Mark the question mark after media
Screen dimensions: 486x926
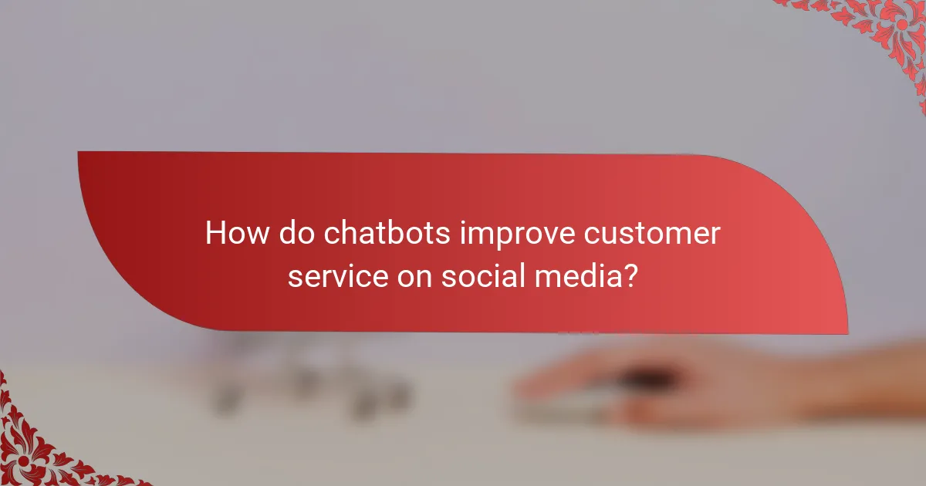630,275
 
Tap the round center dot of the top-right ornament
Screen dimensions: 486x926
901,25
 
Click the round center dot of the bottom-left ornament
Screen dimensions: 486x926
24,461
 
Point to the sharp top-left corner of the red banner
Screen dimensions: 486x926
79,152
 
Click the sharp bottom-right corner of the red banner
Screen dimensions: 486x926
847,333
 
